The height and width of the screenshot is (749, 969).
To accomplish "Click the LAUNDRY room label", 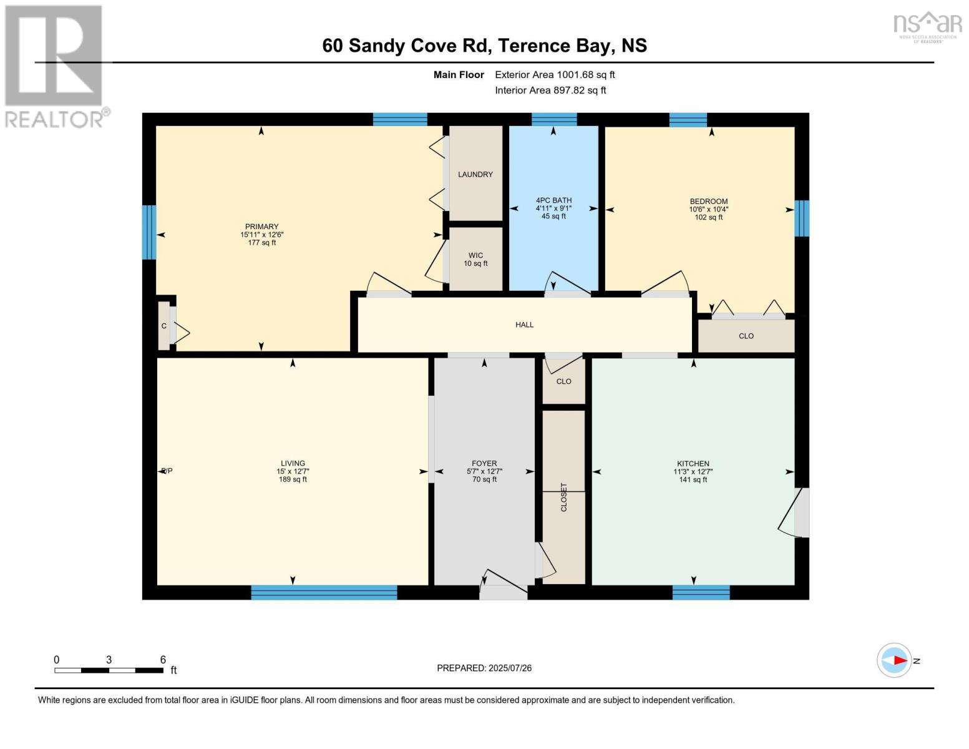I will pyautogui.click(x=475, y=174).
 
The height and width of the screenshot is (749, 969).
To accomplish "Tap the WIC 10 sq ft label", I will pyautogui.click(x=475, y=260).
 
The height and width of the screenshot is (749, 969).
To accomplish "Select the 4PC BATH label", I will pyautogui.click(x=553, y=200).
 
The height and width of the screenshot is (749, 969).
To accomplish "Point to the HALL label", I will pyautogui.click(x=524, y=325).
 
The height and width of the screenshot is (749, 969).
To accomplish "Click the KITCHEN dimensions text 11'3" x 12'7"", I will pyautogui.click(x=693, y=472).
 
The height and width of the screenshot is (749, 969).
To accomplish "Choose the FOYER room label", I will pyautogui.click(x=484, y=464).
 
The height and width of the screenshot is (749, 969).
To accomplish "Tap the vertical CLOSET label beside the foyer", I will pyautogui.click(x=564, y=497).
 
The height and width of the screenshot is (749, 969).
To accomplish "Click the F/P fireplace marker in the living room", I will pyautogui.click(x=167, y=471).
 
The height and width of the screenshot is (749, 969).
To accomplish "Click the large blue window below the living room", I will pyautogui.click(x=324, y=592).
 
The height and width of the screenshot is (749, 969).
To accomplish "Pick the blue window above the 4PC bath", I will pyautogui.click(x=554, y=119).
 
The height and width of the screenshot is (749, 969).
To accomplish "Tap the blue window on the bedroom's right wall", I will pyautogui.click(x=802, y=218).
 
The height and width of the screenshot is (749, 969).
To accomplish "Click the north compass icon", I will pyautogui.click(x=894, y=660).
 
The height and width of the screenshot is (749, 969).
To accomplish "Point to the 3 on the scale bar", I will pyautogui.click(x=109, y=660).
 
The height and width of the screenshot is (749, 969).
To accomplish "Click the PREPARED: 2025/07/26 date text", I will pyautogui.click(x=484, y=668).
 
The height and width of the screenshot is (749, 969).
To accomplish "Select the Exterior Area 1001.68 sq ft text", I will pyautogui.click(x=555, y=74).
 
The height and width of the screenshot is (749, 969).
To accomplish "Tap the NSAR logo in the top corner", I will pyautogui.click(x=928, y=25).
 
